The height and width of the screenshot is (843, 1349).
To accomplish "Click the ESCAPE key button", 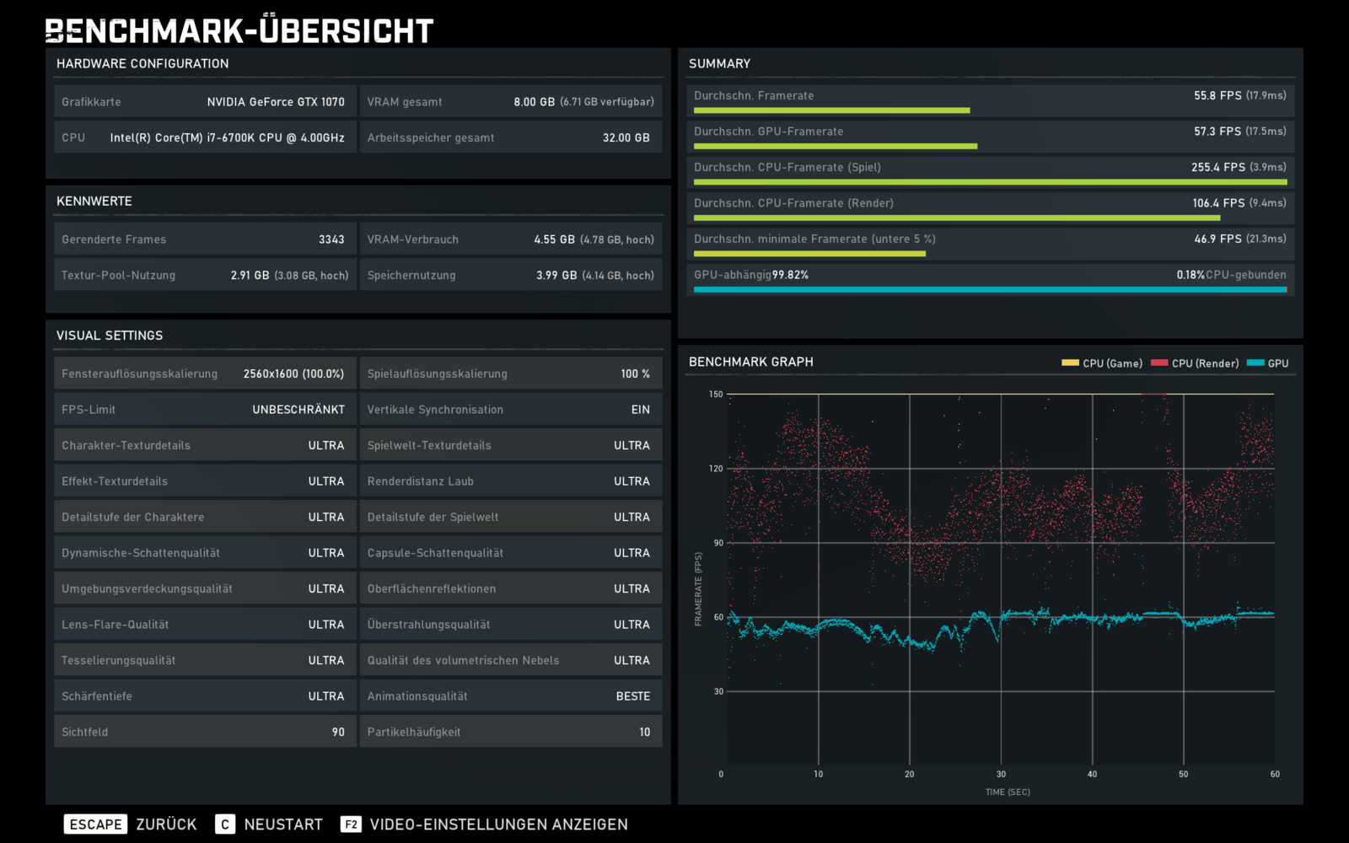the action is point(95,824).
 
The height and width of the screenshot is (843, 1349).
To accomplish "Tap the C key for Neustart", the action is point(224,824).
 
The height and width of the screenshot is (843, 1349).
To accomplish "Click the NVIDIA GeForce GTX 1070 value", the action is point(276,102).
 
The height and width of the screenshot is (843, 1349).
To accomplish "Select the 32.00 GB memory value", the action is point(626,138).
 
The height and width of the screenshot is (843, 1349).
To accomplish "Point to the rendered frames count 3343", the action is point(331,239).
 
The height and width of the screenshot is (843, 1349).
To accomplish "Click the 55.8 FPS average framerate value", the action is point(1217,96).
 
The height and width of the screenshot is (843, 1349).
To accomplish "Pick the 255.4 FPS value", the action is point(1217,168).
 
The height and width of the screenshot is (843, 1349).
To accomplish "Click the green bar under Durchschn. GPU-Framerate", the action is point(836,147).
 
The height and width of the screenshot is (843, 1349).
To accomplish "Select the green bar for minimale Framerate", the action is point(809,254).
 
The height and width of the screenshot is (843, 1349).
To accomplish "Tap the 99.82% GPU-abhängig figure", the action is point(790,275).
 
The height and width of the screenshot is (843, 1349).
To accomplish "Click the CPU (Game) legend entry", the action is point(1101,363).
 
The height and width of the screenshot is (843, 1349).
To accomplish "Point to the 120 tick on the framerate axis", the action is point(716,469).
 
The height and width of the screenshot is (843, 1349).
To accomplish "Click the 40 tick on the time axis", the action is point(1092,774).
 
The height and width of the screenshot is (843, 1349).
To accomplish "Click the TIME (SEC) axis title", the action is point(1008,792).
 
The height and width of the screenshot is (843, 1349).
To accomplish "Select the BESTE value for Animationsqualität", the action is point(633,696).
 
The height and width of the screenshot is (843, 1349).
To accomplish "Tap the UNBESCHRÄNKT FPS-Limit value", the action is point(298,410).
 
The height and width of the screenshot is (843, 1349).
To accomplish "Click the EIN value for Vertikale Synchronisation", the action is point(641,410).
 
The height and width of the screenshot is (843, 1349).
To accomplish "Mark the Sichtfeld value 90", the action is point(338,733).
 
